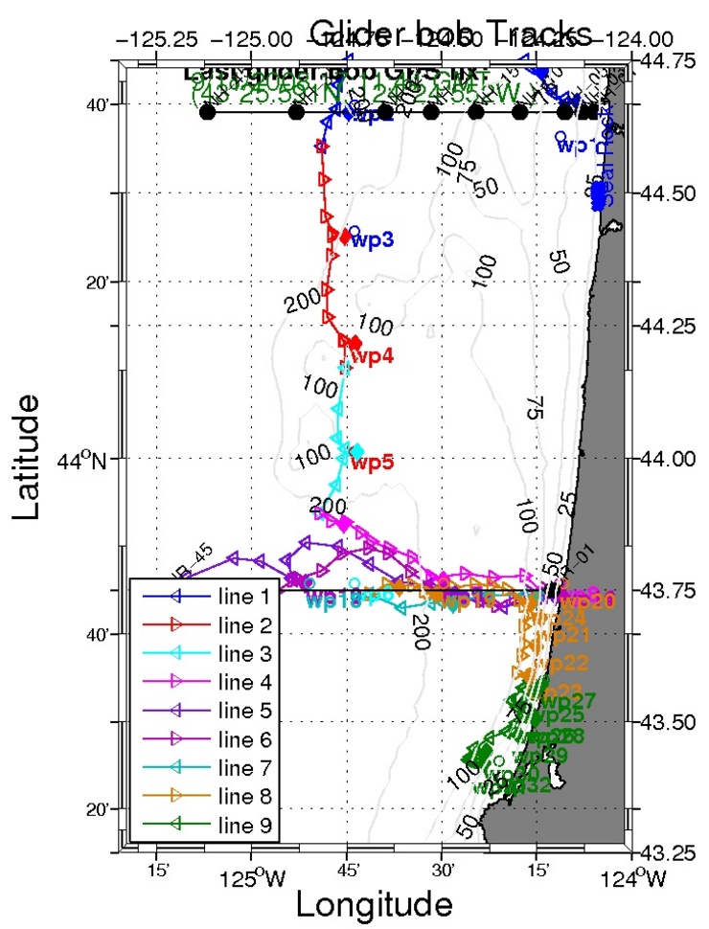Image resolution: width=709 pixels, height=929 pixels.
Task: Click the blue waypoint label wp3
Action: (373, 239)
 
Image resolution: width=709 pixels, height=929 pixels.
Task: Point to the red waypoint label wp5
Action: (373, 464)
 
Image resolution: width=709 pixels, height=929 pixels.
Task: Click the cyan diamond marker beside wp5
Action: (357, 451)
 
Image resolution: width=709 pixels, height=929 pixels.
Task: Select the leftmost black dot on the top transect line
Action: (207, 112)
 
